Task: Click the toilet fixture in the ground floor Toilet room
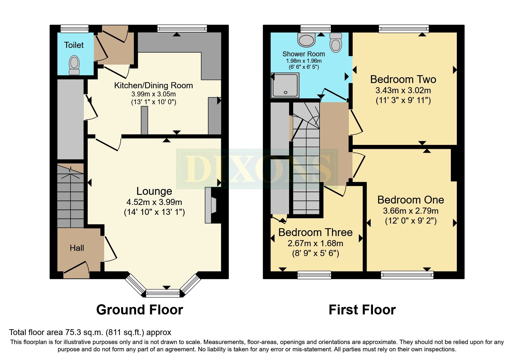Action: pos(74,65)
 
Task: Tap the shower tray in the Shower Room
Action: pos(285,85)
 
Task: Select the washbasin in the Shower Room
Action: pos(306,39)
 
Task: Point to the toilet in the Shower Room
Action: pos(336,42)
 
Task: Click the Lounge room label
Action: pos(154,191)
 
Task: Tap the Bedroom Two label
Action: pos(403,79)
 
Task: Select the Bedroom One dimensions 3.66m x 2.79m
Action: pos(411,211)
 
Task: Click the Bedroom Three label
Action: pos(315,232)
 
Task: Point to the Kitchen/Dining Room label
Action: pos(154,85)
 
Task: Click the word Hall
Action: pos(77,248)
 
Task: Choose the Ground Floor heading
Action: pos(140,310)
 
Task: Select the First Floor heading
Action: pos(362,310)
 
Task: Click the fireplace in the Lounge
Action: pos(211,205)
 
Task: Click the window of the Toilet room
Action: pos(75,28)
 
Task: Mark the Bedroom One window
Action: pos(407,275)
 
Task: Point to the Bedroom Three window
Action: pos(314,275)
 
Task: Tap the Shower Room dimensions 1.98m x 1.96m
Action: pos(304,61)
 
